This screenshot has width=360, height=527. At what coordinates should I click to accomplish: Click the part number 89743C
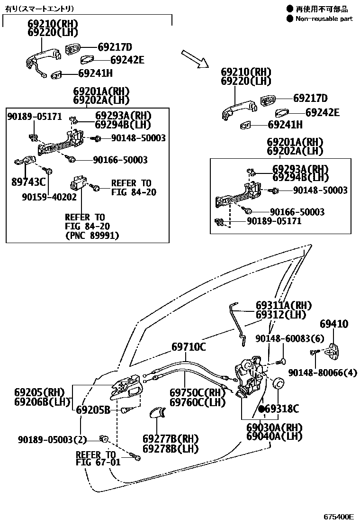tap(28, 182)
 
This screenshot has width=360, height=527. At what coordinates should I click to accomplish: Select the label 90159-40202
tap(49, 196)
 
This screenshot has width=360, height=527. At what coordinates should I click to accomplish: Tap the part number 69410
tap(333, 324)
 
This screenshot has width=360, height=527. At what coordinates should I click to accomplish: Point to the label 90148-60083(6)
tap(289, 338)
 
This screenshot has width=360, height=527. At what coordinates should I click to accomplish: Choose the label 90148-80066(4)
tap(323, 373)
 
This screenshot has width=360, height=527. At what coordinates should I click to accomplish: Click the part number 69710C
tap(189, 347)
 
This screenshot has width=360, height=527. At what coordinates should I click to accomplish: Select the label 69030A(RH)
tap(274, 427)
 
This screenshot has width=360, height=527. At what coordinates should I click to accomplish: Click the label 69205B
tap(93, 410)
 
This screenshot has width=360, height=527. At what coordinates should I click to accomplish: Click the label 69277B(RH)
tap(171, 439)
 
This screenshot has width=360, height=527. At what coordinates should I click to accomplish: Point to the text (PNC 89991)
tap(92, 236)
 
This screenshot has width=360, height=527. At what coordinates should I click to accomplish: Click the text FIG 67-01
tap(98, 463)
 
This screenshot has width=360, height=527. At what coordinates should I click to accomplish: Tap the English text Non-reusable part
tap(324, 19)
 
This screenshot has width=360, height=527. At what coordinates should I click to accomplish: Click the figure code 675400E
tap(339, 516)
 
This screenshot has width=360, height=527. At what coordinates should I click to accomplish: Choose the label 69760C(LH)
tap(198, 402)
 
